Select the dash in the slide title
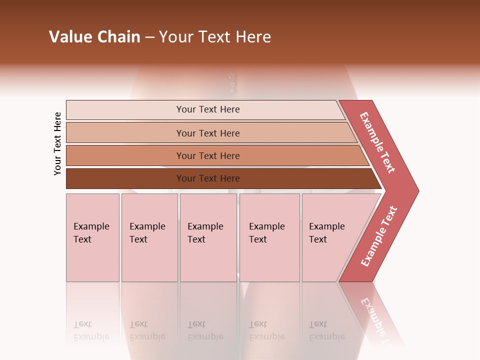(149, 37)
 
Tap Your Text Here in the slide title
(215, 37)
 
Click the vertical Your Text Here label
(57, 143)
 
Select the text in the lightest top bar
(208, 109)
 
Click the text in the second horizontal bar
(208, 133)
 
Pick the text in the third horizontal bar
(208, 156)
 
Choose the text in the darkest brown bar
(208, 178)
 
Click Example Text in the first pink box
(91, 233)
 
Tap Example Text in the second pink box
(147, 233)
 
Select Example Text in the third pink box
(205, 233)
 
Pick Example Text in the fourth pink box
(266, 233)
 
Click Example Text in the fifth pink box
(326, 233)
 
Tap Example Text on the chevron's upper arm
(377, 142)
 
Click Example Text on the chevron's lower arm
(379, 236)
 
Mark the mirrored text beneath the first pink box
(91, 330)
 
